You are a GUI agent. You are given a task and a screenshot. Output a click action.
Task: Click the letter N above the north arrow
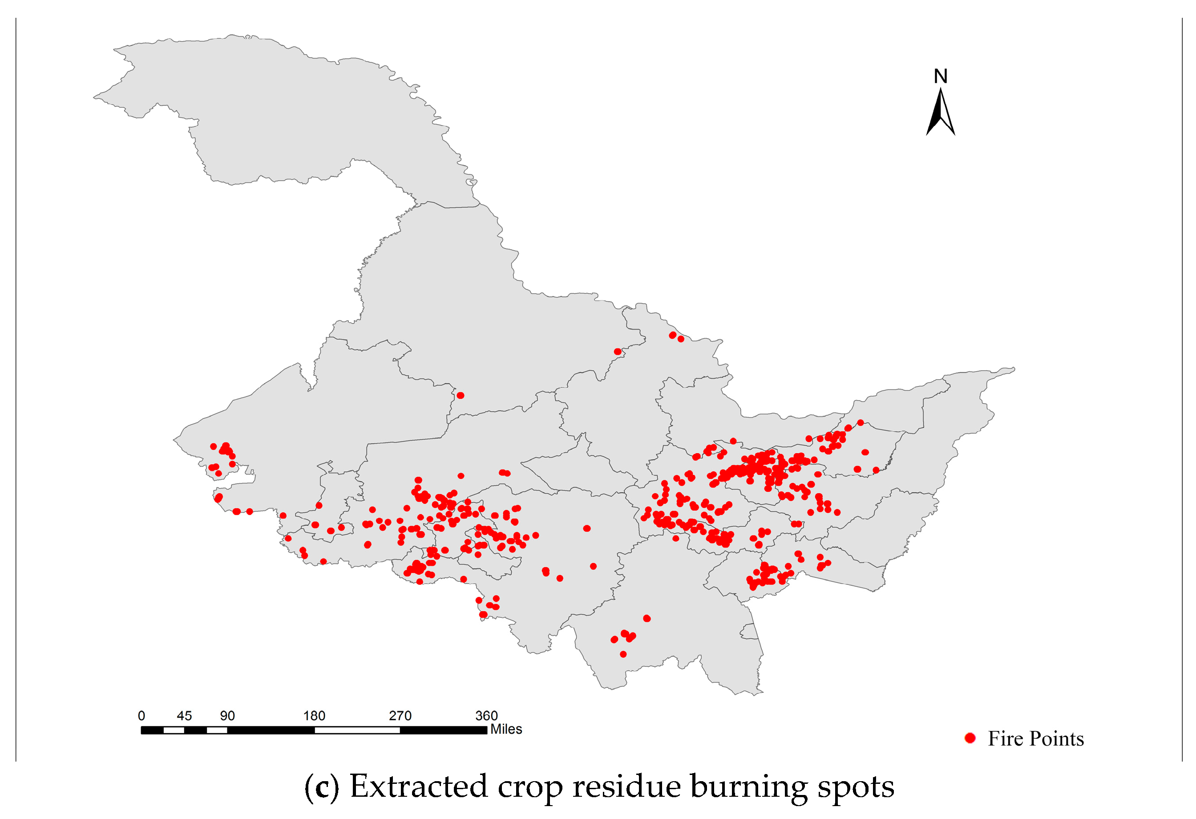point(940,77)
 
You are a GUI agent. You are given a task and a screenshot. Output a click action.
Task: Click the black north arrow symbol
point(940,113)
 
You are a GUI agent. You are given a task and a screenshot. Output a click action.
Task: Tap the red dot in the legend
point(970,738)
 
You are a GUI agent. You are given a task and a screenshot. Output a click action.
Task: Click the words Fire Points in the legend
point(1035,739)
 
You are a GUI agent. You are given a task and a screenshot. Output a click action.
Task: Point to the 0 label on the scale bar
point(141,716)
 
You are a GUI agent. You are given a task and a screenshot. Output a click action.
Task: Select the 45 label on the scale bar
point(184,716)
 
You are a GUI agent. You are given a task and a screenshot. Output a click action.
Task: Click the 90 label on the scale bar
point(227,716)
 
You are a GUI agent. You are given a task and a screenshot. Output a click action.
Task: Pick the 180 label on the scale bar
point(314,716)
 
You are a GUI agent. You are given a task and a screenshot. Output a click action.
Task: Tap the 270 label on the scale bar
point(400,716)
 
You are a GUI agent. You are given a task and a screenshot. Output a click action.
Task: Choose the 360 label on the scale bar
point(486,716)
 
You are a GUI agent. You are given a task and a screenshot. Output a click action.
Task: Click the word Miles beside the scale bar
point(506,729)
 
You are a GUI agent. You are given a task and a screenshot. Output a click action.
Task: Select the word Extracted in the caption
point(418,787)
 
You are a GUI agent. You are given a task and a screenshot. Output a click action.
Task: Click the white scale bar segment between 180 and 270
point(357,730)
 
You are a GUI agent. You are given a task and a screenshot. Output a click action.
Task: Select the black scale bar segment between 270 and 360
point(443,730)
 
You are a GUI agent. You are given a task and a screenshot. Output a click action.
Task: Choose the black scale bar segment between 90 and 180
point(271,730)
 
